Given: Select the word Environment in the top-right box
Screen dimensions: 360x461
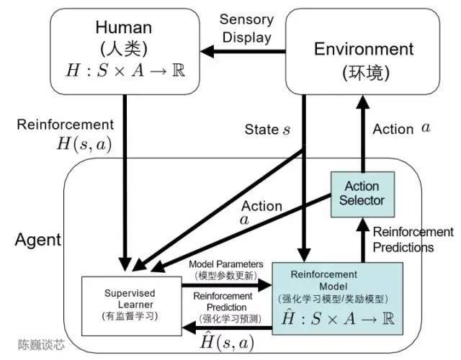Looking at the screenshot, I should tap(364, 49).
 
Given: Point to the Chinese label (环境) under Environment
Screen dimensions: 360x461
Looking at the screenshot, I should tap(364, 73).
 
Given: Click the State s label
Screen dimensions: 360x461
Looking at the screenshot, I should tap(268, 130).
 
